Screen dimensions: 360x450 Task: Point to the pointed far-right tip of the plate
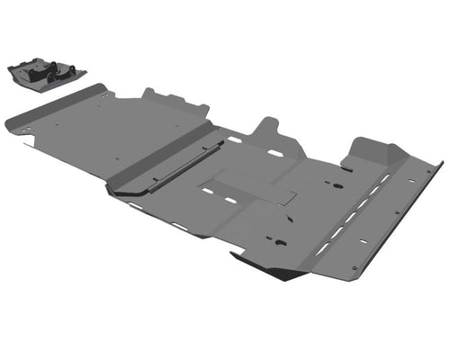[442, 163]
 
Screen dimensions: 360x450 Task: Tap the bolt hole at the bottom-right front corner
[355, 266]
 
